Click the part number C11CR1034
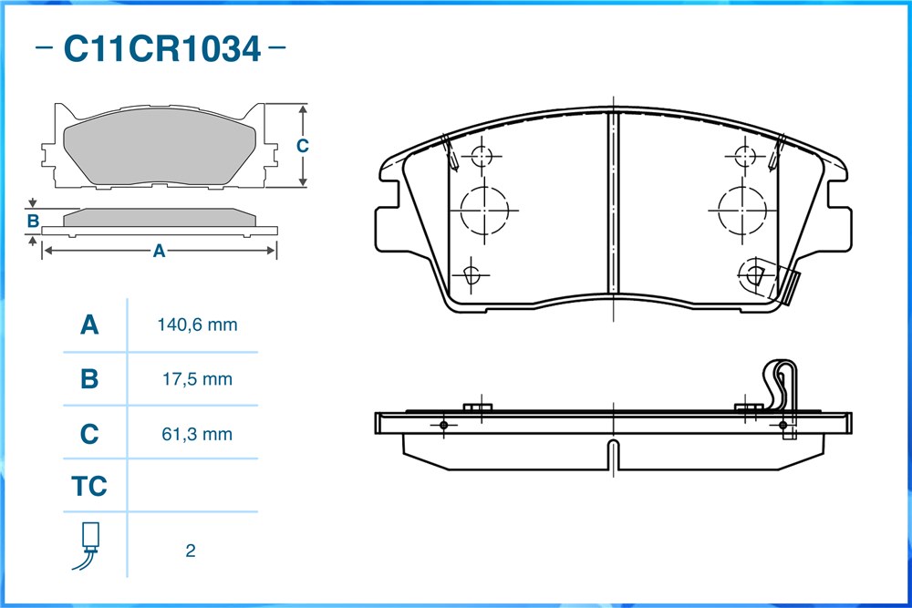[x=161, y=49]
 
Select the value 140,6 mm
[x=197, y=325]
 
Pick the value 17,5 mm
[x=197, y=379]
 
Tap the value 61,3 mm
[x=197, y=434]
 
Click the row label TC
[x=89, y=486]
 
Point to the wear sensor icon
[x=87, y=546]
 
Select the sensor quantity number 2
[x=191, y=551]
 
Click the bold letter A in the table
[x=89, y=325]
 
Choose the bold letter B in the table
[x=89, y=379]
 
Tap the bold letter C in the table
[x=89, y=434]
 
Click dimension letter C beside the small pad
[x=302, y=145]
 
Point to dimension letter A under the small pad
[x=159, y=251]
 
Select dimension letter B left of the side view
[x=33, y=221]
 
